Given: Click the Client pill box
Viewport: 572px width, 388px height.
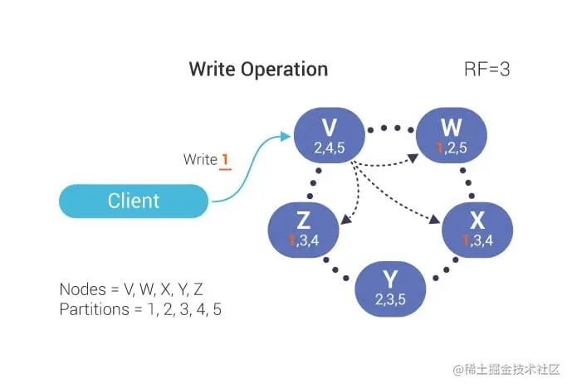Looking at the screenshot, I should (x=133, y=201).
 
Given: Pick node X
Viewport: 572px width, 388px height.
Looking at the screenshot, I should (x=477, y=226).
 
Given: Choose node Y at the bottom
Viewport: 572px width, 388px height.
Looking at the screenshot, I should (x=389, y=285).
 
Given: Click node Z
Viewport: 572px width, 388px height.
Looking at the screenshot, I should (x=304, y=226).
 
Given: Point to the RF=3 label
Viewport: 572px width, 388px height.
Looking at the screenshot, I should (x=486, y=69).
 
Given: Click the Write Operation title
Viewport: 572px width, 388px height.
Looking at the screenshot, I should (x=258, y=69).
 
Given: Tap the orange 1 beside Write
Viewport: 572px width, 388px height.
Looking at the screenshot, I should (x=224, y=159).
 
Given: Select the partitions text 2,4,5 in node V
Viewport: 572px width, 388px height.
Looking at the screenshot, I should (x=329, y=148).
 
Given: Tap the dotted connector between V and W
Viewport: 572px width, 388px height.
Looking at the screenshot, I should (x=389, y=129).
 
